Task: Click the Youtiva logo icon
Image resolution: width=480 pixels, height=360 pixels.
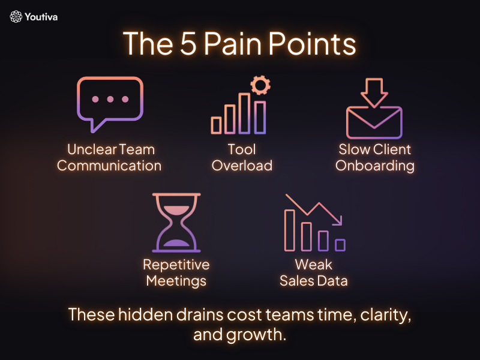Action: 16,17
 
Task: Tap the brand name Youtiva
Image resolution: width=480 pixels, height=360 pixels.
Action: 42,17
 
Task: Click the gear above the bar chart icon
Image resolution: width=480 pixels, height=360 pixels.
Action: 260,85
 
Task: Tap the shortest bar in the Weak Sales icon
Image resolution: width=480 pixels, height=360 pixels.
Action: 340,245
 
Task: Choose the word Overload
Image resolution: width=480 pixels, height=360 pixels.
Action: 242,166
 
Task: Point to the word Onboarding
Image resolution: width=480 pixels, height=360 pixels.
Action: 374,166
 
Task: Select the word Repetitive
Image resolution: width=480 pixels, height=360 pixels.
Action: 176,265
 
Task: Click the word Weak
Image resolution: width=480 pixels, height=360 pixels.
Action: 313,265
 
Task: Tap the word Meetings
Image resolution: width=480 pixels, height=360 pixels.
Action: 176,281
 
